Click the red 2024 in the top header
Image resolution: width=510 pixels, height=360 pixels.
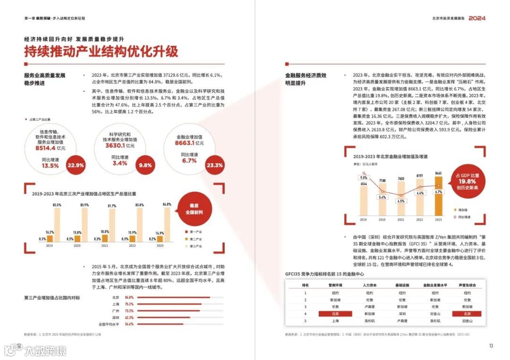(x=477, y=18)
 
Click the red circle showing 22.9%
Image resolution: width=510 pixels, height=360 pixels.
(x=76, y=165)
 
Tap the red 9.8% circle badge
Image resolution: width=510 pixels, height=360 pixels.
(x=145, y=165)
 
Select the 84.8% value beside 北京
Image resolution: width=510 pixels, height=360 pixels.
(x=129, y=297)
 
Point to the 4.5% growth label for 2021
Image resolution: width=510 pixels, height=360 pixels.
(x=401, y=201)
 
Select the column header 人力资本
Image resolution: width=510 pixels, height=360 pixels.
(x=369, y=285)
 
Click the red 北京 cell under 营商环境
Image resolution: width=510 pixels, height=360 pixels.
(x=335, y=313)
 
